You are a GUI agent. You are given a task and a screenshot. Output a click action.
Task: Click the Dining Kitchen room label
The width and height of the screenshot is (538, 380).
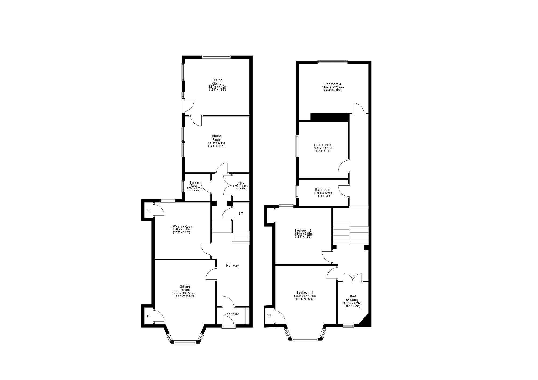pyautogui.click(x=218, y=82)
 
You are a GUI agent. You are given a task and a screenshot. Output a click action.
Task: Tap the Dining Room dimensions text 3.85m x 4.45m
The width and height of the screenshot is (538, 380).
pyautogui.click(x=217, y=143)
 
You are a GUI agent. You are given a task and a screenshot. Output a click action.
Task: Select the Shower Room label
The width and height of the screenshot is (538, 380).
pyautogui.click(x=194, y=184)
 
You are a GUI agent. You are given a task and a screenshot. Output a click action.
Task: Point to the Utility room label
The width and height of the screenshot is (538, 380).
pyautogui.click(x=240, y=184)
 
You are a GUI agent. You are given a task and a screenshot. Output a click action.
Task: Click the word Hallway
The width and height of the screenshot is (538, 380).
pyautogui.click(x=232, y=266)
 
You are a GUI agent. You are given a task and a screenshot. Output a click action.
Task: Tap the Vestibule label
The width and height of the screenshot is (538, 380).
pyautogui.click(x=232, y=314)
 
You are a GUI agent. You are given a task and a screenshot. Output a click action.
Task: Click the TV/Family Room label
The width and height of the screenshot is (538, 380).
pyautogui.click(x=181, y=227)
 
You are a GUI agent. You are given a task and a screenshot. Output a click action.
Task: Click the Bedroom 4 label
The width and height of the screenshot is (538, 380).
pyautogui.click(x=333, y=84)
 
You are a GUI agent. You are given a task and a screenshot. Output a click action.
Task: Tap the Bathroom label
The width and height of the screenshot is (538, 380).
pyautogui.click(x=323, y=190)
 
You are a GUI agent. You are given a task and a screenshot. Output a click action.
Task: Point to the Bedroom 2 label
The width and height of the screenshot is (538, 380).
pyautogui.click(x=303, y=231)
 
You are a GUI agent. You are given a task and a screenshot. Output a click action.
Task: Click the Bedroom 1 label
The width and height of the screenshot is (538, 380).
pyautogui.click(x=305, y=293)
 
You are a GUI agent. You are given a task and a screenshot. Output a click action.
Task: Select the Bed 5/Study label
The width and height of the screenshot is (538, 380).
pyautogui.click(x=352, y=298)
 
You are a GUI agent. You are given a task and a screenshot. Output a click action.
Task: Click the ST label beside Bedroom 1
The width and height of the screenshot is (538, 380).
pyautogui.click(x=270, y=315)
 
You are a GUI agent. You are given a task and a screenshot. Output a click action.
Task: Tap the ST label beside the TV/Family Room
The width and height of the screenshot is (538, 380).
pyautogui.click(x=148, y=210)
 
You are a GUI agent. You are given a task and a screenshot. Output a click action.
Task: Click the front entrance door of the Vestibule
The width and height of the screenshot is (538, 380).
pyautogui.click(x=229, y=321)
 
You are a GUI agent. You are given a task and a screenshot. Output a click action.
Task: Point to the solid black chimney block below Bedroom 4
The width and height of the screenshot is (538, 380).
pyautogui.click(x=330, y=117)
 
